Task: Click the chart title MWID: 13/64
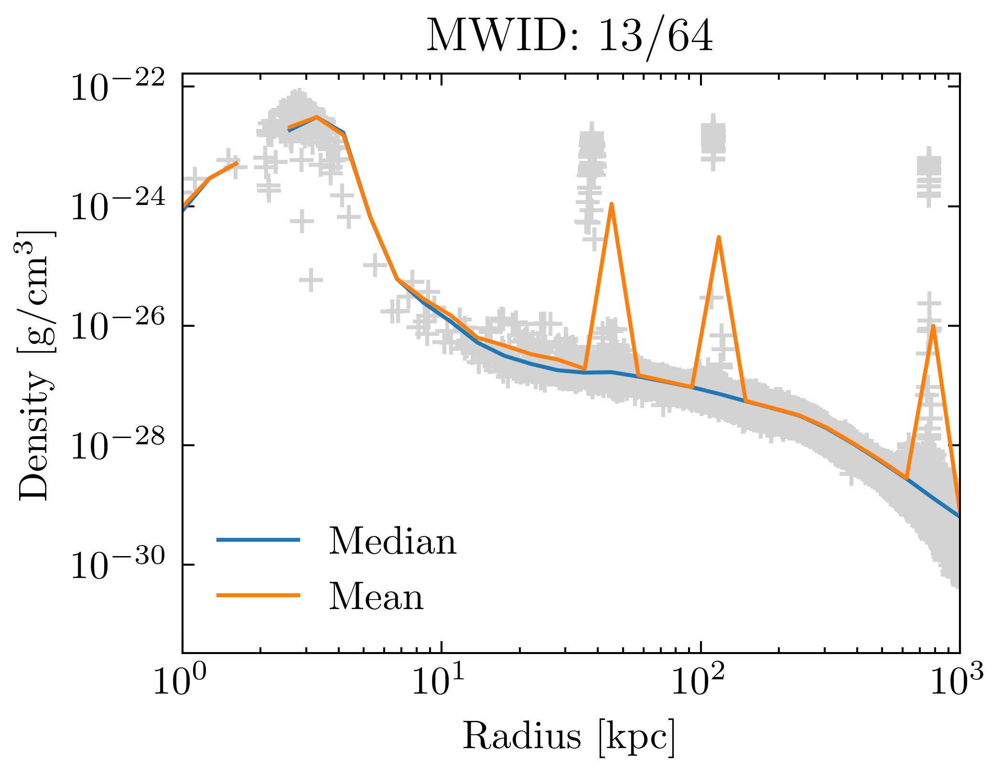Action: (569, 36)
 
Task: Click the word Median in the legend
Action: (392, 541)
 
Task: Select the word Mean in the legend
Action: (376, 597)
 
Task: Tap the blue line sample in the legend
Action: (258, 540)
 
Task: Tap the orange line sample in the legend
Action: (258, 595)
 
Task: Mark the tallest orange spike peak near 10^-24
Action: (611, 204)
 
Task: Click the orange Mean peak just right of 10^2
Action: (719, 237)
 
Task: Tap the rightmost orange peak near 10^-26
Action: (933, 326)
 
